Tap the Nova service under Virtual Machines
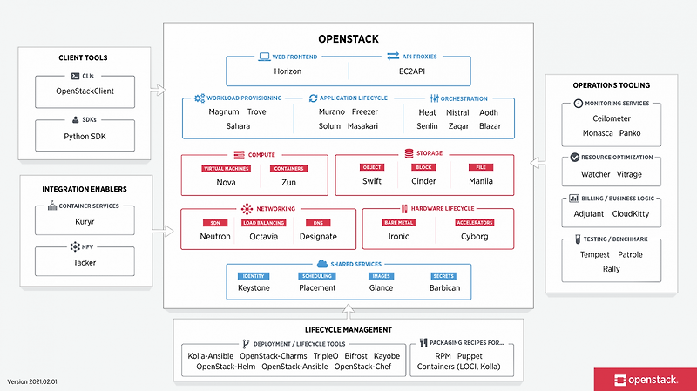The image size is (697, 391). (x=226, y=181)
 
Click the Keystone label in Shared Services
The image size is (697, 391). (x=254, y=288)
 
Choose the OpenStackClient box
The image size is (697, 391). (x=85, y=91)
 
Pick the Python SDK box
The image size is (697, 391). (x=85, y=136)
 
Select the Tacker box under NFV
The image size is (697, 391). (x=85, y=261)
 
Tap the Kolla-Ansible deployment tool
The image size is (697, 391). (x=210, y=355)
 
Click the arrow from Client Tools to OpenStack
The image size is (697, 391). (x=157, y=88)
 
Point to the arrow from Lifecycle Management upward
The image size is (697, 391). (x=348, y=310)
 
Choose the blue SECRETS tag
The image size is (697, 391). (x=443, y=276)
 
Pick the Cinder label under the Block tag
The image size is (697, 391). (x=424, y=181)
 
